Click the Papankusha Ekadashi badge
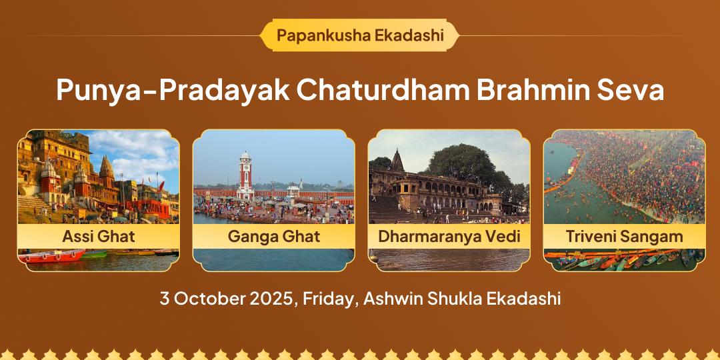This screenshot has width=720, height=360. coord(359,35)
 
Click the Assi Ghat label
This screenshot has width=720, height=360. coord(98,237)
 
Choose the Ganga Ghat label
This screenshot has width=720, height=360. coord(274,237)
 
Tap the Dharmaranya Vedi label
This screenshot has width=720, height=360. coord(449,237)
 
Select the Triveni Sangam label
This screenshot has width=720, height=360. coord(625,237)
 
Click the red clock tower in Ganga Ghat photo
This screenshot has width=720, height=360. coord(245,175)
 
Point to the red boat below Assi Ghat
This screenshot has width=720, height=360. coord(51,256)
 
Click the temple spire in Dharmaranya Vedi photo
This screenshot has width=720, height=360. coord(397,160)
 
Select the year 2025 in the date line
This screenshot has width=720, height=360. coord(273,299)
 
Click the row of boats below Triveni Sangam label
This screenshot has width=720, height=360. coord(625,259)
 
